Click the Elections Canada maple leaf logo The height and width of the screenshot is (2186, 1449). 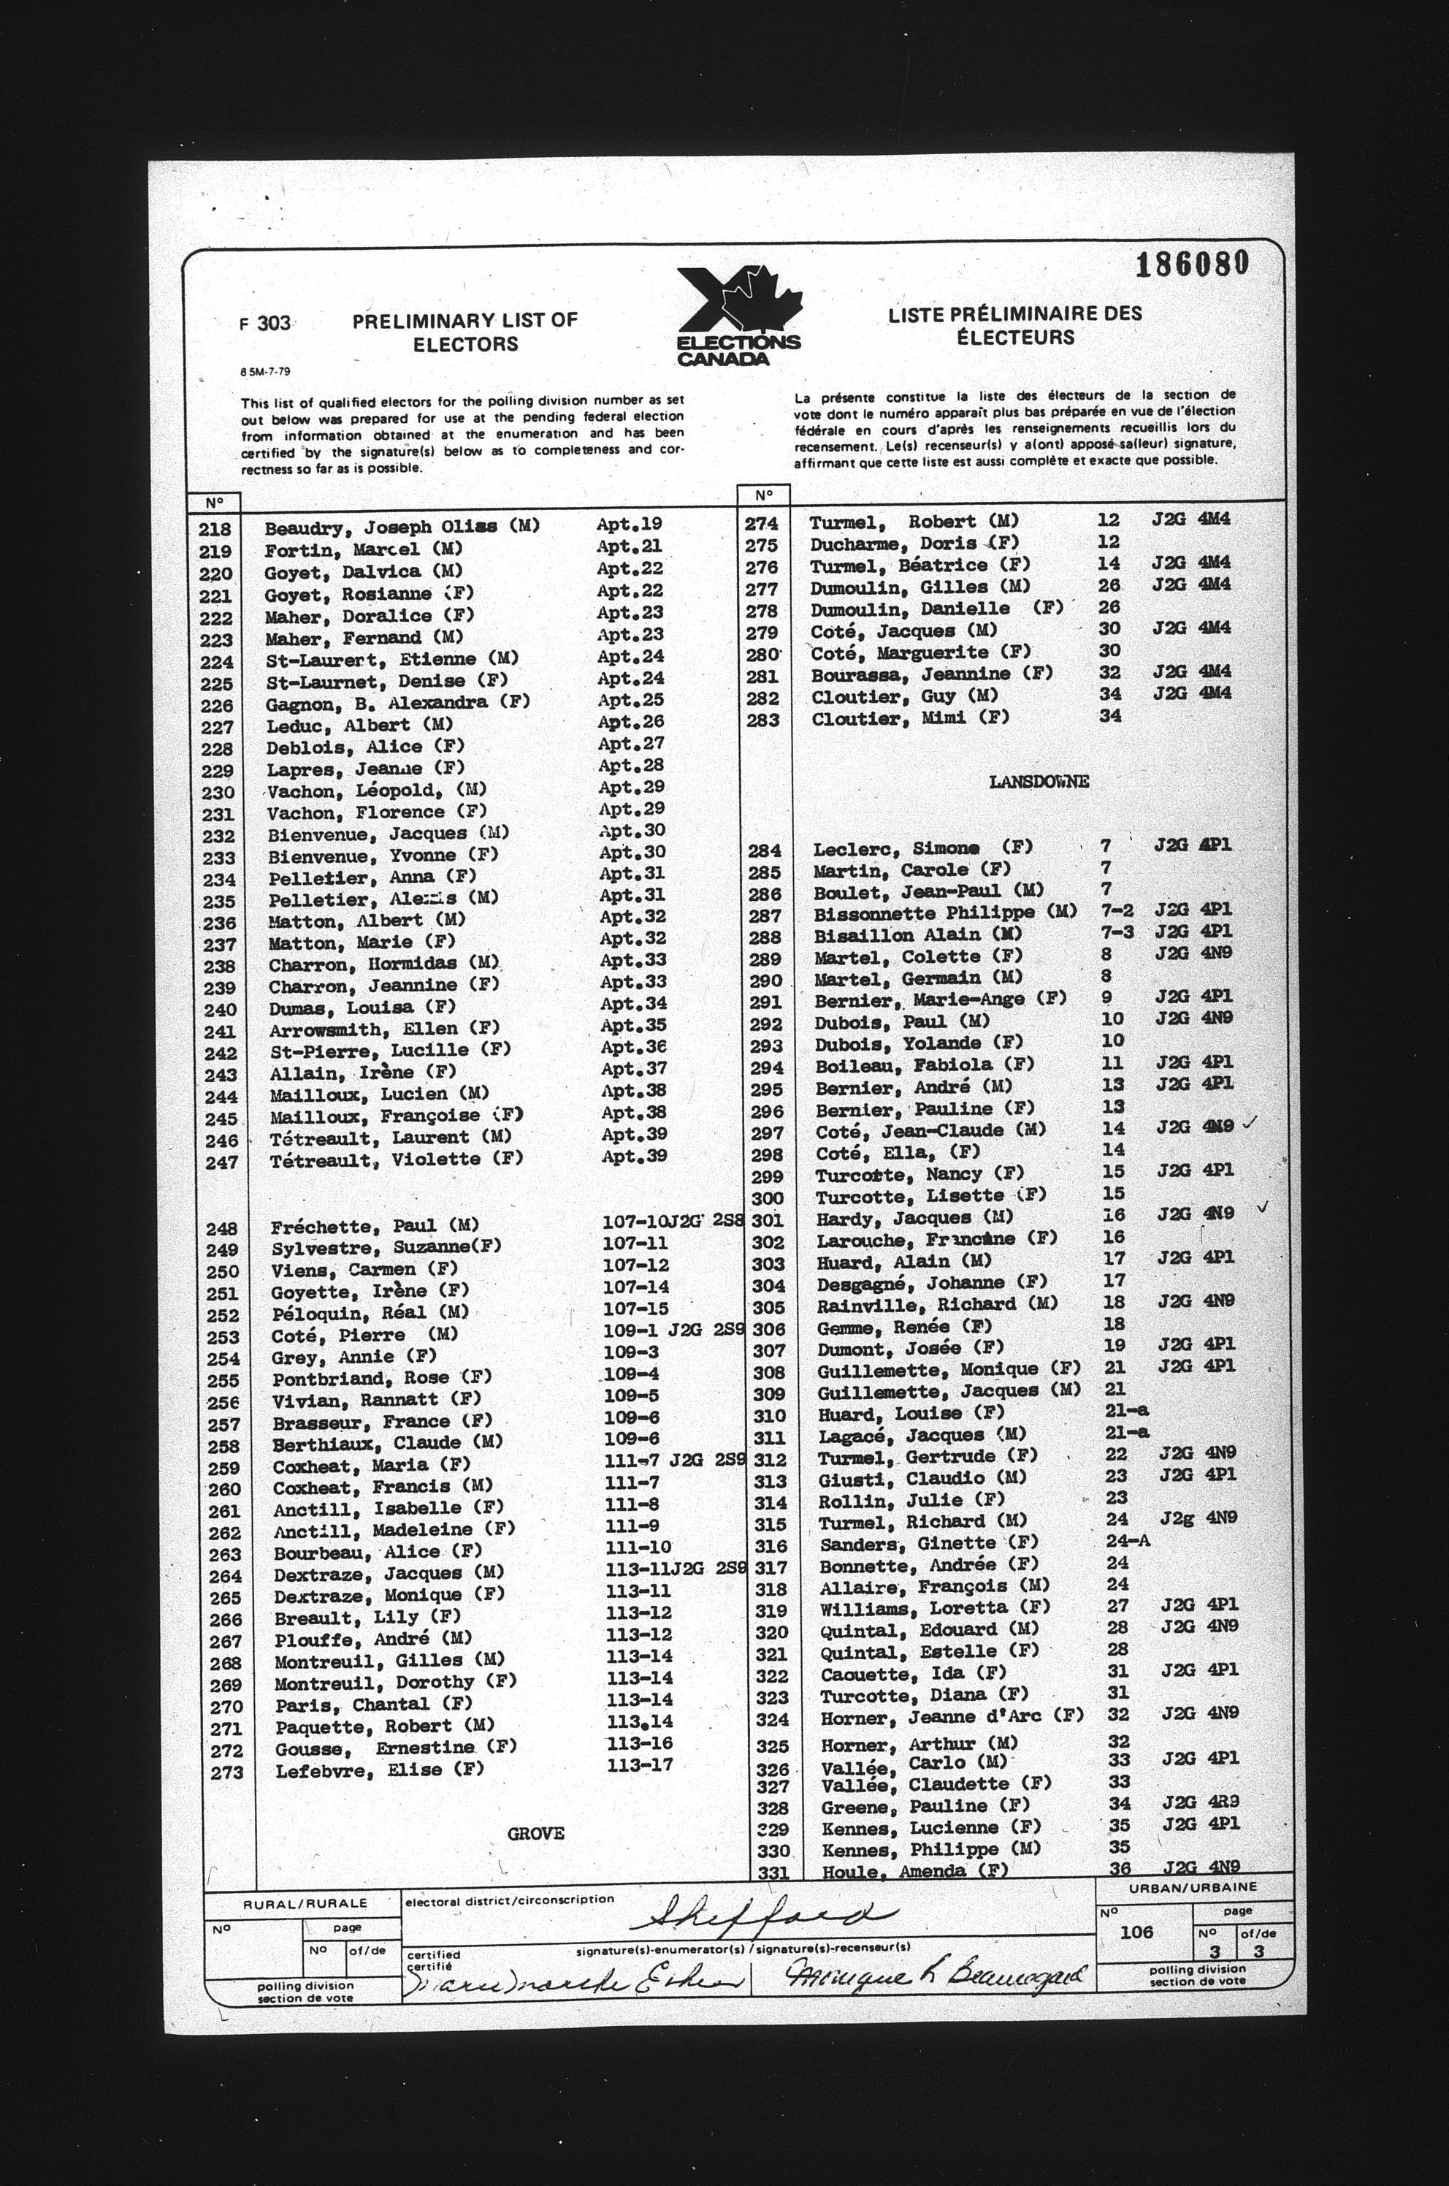coord(738,314)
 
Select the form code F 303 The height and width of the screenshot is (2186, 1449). coord(264,324)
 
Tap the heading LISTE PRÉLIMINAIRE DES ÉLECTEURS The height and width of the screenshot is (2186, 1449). coord(1014,325)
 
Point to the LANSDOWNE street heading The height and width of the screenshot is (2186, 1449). coord(1039,782)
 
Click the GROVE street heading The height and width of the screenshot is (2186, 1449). coord(535,1833)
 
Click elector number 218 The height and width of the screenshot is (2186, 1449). coord(215,530)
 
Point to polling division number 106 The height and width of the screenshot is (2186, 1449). coord(1136,1932)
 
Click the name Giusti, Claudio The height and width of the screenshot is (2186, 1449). coord(909,1478)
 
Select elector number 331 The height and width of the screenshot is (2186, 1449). coord(773,1872)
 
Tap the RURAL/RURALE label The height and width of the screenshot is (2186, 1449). coord(305,1903)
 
